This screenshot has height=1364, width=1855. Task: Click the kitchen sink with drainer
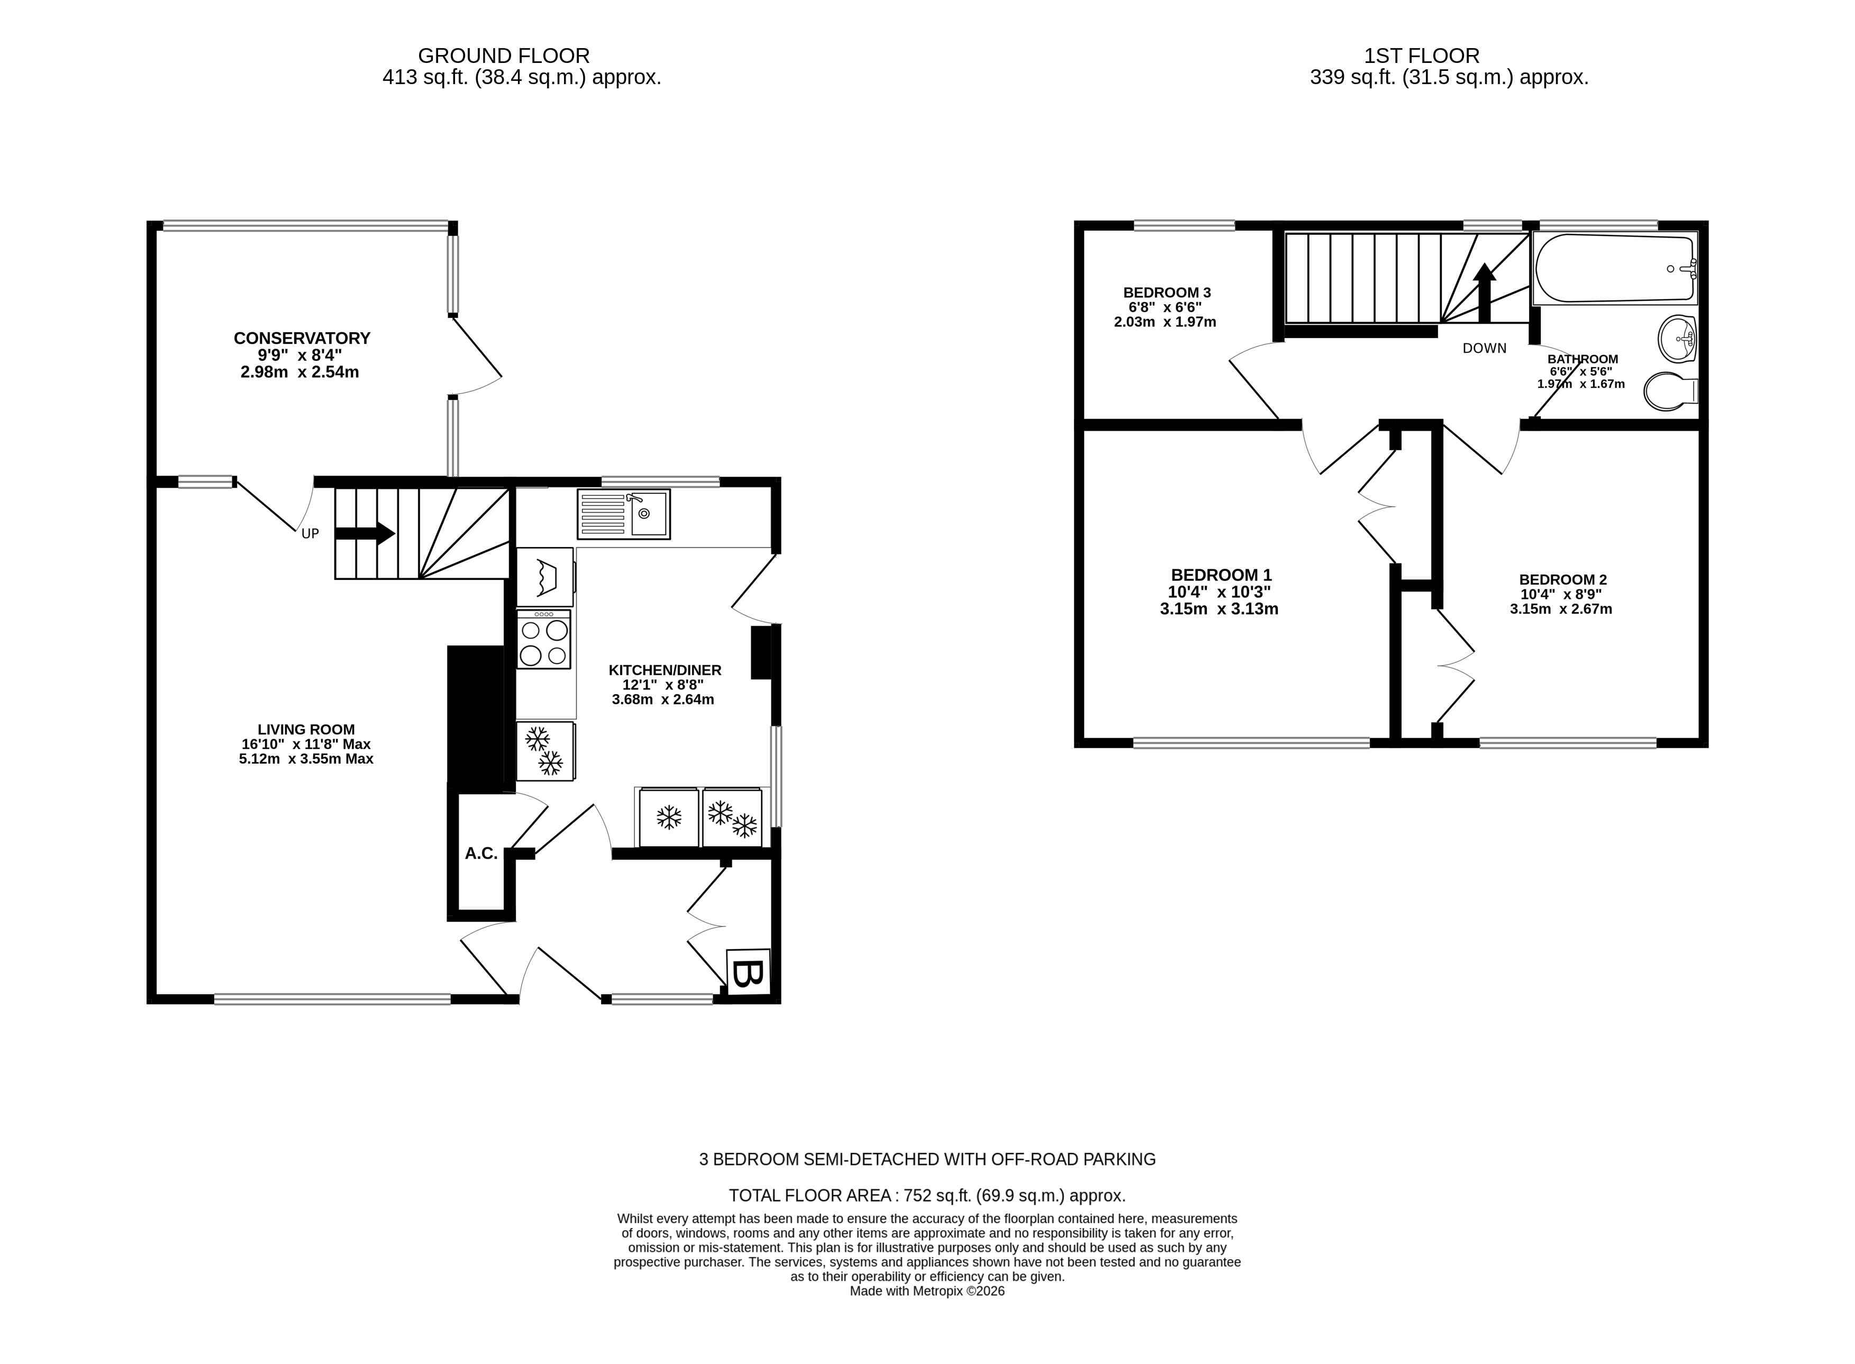point(623,514)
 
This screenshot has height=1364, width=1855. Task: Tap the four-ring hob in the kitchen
point(543,639)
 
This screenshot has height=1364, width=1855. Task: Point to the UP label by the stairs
point(310,534)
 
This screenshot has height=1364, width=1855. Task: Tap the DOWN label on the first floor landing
point(1484,349)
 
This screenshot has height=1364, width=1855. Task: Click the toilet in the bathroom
point(1667,390)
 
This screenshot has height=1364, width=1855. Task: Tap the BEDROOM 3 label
point(1167,292)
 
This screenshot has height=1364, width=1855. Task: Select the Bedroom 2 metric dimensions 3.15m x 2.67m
point(1560,610)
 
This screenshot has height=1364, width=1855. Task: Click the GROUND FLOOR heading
point(504,56)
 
